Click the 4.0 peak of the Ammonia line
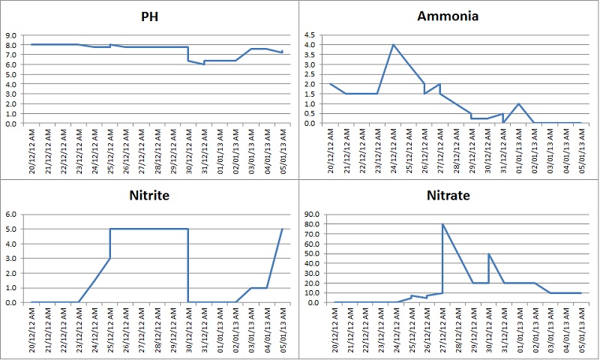coord(393,45)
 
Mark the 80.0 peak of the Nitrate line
coord(442,224)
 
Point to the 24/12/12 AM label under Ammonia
coord(394,149)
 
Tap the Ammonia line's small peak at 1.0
coord(518,103)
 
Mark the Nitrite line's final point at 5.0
coord(282,229)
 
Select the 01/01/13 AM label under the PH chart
coord(220,149)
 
